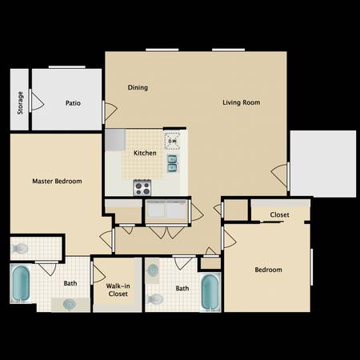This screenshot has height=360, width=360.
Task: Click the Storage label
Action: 20,102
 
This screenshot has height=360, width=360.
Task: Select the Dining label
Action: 138,87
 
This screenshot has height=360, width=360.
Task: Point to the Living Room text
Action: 241,102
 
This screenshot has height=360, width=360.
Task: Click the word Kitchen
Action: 145,152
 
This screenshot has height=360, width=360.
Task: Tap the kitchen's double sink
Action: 172,163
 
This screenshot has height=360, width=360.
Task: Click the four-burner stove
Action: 143,188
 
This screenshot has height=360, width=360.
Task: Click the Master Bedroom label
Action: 57,182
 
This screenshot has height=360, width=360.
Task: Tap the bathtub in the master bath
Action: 21,284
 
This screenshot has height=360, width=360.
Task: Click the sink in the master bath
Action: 70,304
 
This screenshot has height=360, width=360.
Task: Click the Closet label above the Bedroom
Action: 279,214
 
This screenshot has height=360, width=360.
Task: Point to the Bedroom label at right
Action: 268,270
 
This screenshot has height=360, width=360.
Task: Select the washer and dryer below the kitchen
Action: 166,211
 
